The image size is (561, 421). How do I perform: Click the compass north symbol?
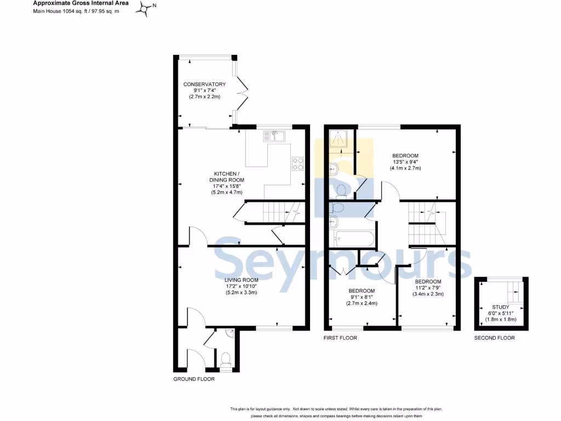[x=146, y=8]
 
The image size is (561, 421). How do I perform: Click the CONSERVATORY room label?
[x=204, y=84]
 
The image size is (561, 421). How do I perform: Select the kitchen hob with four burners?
[x=299, y=163]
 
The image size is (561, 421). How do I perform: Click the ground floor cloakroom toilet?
[x=225, y=360]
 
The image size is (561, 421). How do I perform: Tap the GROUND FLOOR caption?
[x=194, y=379]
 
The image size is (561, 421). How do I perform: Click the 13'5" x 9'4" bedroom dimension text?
[x=405, y=162]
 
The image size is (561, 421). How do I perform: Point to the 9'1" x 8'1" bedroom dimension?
[x=362, y=297]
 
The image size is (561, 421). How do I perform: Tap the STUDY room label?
[x=501, y=307]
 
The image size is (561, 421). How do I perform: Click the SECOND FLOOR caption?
[x=494, y=338]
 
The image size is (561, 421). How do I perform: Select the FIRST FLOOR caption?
[x=340, y=338]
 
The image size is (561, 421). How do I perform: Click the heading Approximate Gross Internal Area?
[x=81, y=3]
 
